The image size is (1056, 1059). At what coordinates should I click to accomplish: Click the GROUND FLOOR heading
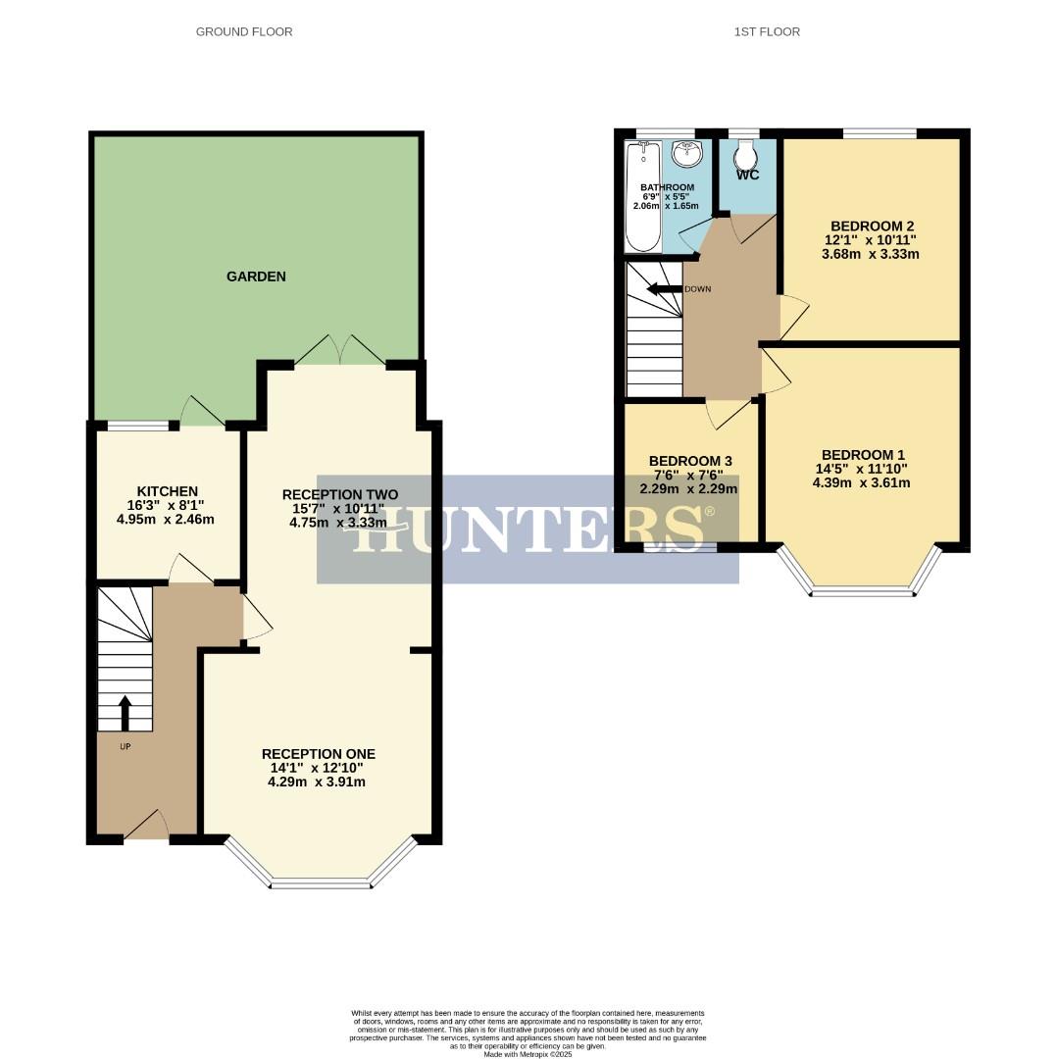coord(244,32)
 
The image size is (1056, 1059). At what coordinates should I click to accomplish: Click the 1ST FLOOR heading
coord(767,32)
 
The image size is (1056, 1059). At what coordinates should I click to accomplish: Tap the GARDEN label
coord(256,277)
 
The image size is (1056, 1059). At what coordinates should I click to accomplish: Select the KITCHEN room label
coord(168,491)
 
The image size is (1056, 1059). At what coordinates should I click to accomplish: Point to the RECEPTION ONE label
coord(318,754)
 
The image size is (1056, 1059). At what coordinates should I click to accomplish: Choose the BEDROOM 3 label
coord(690,461)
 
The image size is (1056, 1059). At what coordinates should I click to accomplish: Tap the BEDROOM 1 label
coord(863,455)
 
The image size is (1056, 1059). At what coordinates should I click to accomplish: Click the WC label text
coord(747,176)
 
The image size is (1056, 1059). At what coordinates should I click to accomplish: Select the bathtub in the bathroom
coord(643,196)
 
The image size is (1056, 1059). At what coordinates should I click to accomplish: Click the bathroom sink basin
coord(687,153)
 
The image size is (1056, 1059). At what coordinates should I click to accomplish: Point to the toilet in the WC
coord(746,154)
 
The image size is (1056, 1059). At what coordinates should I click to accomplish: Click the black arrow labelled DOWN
coord(664,289)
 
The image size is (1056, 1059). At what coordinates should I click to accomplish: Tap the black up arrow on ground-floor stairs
coord(125,713)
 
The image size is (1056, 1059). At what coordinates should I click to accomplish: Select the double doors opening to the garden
coord(339,351)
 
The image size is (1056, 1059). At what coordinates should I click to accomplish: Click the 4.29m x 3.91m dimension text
coord(317,782)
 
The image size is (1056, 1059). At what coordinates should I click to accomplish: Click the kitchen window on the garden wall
coord(137,426)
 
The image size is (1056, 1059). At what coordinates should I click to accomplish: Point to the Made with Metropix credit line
coord(528,1054)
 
